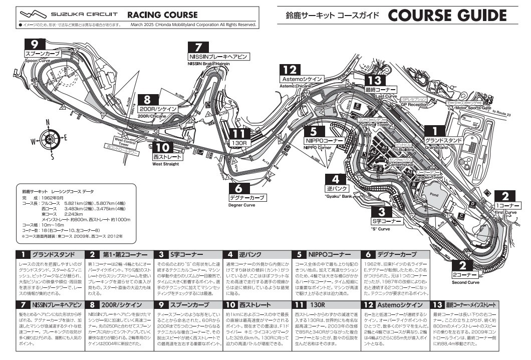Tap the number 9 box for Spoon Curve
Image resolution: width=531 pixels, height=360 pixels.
click(35, 44)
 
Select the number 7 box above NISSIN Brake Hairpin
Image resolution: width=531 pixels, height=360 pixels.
click(198, 48)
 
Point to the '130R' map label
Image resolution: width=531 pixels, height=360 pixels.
click(240, 142)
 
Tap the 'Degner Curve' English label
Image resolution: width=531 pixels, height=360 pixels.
click(242, 205)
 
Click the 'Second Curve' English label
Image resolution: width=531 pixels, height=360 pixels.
click(466, 282)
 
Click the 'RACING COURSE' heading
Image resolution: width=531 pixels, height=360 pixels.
click(162, 15)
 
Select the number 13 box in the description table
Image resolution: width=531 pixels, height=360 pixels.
click(437, 304)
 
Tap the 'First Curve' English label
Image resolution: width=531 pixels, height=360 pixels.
click(505, 212)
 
